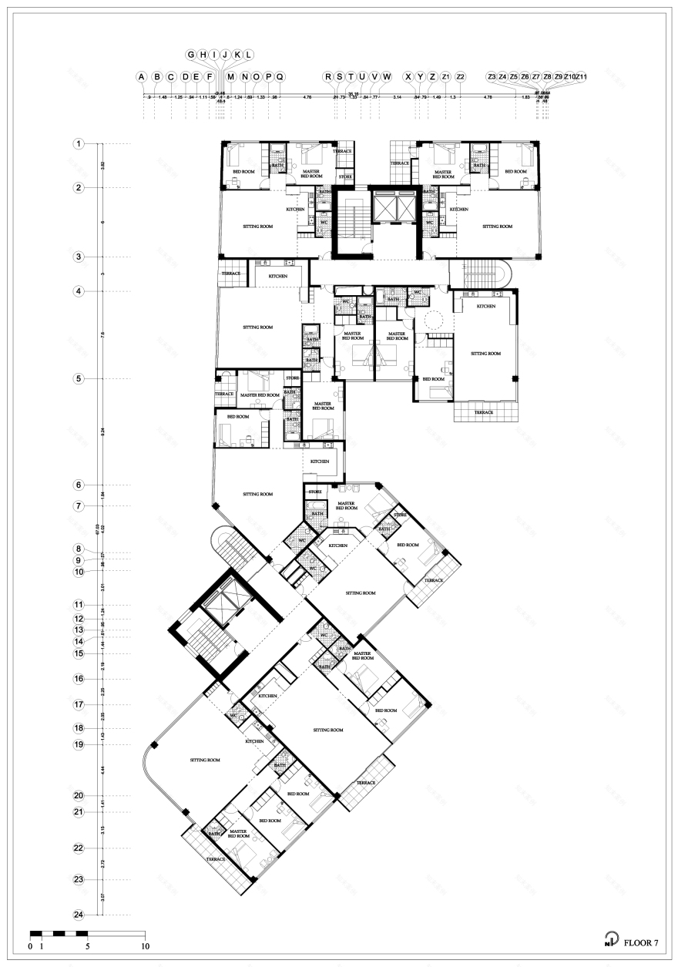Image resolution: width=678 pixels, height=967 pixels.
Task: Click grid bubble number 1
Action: click(78, 144)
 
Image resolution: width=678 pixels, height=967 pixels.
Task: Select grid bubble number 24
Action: click(78, 915)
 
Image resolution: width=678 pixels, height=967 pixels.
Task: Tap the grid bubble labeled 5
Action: click(78, 379)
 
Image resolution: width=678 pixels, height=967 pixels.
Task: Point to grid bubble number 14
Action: click(78, 641)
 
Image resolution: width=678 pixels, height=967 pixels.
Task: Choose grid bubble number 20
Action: click(78, 796)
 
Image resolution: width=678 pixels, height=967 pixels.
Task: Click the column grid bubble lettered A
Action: click(142, 77)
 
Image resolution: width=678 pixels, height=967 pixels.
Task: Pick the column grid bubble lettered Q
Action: click(280, 77)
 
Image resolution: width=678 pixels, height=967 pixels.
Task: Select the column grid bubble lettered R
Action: click(328, 77)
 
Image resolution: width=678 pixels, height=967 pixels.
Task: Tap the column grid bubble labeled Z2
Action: click(460, 77)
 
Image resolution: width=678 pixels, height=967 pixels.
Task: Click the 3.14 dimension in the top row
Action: click(398, 98)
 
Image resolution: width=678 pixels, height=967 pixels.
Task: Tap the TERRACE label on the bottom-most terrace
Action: click(215, 859)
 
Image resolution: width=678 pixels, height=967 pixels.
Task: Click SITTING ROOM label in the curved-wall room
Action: click(205, 760)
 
